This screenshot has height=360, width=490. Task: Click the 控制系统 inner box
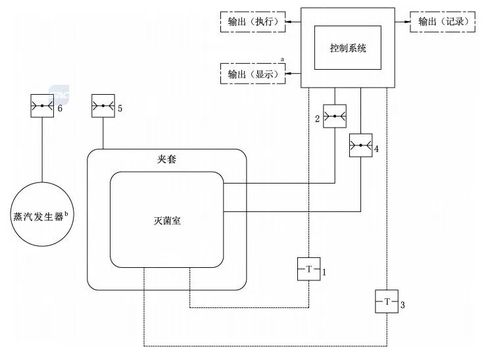347,48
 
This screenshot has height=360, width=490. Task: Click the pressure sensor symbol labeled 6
43,106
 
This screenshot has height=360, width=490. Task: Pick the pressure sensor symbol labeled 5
103,106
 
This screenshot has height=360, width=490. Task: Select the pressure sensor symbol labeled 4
360,145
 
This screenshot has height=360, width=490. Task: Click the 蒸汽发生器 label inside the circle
38,216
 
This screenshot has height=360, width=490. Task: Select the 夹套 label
166,159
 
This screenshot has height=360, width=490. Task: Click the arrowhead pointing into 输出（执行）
288,22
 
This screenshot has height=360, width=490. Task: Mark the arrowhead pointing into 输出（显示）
288,74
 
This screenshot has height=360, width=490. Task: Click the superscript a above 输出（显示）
283,59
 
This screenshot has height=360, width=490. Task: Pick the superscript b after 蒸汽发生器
66,213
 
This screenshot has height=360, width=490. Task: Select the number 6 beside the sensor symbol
59,107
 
